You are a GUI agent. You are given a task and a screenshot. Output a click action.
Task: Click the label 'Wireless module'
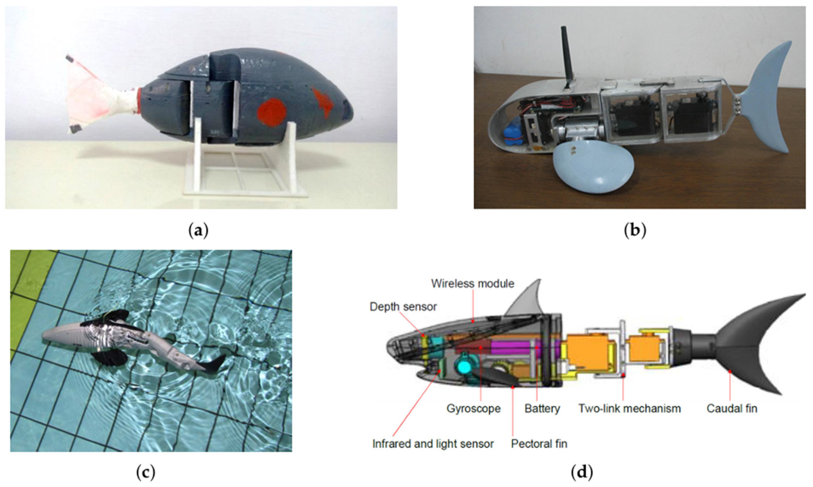pos(473,283)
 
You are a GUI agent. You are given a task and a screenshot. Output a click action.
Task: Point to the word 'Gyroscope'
pos(473,409)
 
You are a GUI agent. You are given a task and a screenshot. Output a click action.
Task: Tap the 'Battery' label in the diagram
pos(542,409)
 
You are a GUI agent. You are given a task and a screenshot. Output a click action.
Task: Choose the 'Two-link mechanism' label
pos(629,409)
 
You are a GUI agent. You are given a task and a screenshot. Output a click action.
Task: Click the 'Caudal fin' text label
pos(732,409)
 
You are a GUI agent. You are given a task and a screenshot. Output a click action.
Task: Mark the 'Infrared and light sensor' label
pos(433,444)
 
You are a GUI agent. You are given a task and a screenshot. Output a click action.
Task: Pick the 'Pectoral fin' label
pos(539,444)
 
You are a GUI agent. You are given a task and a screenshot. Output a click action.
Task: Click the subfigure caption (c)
pos(146,473)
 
